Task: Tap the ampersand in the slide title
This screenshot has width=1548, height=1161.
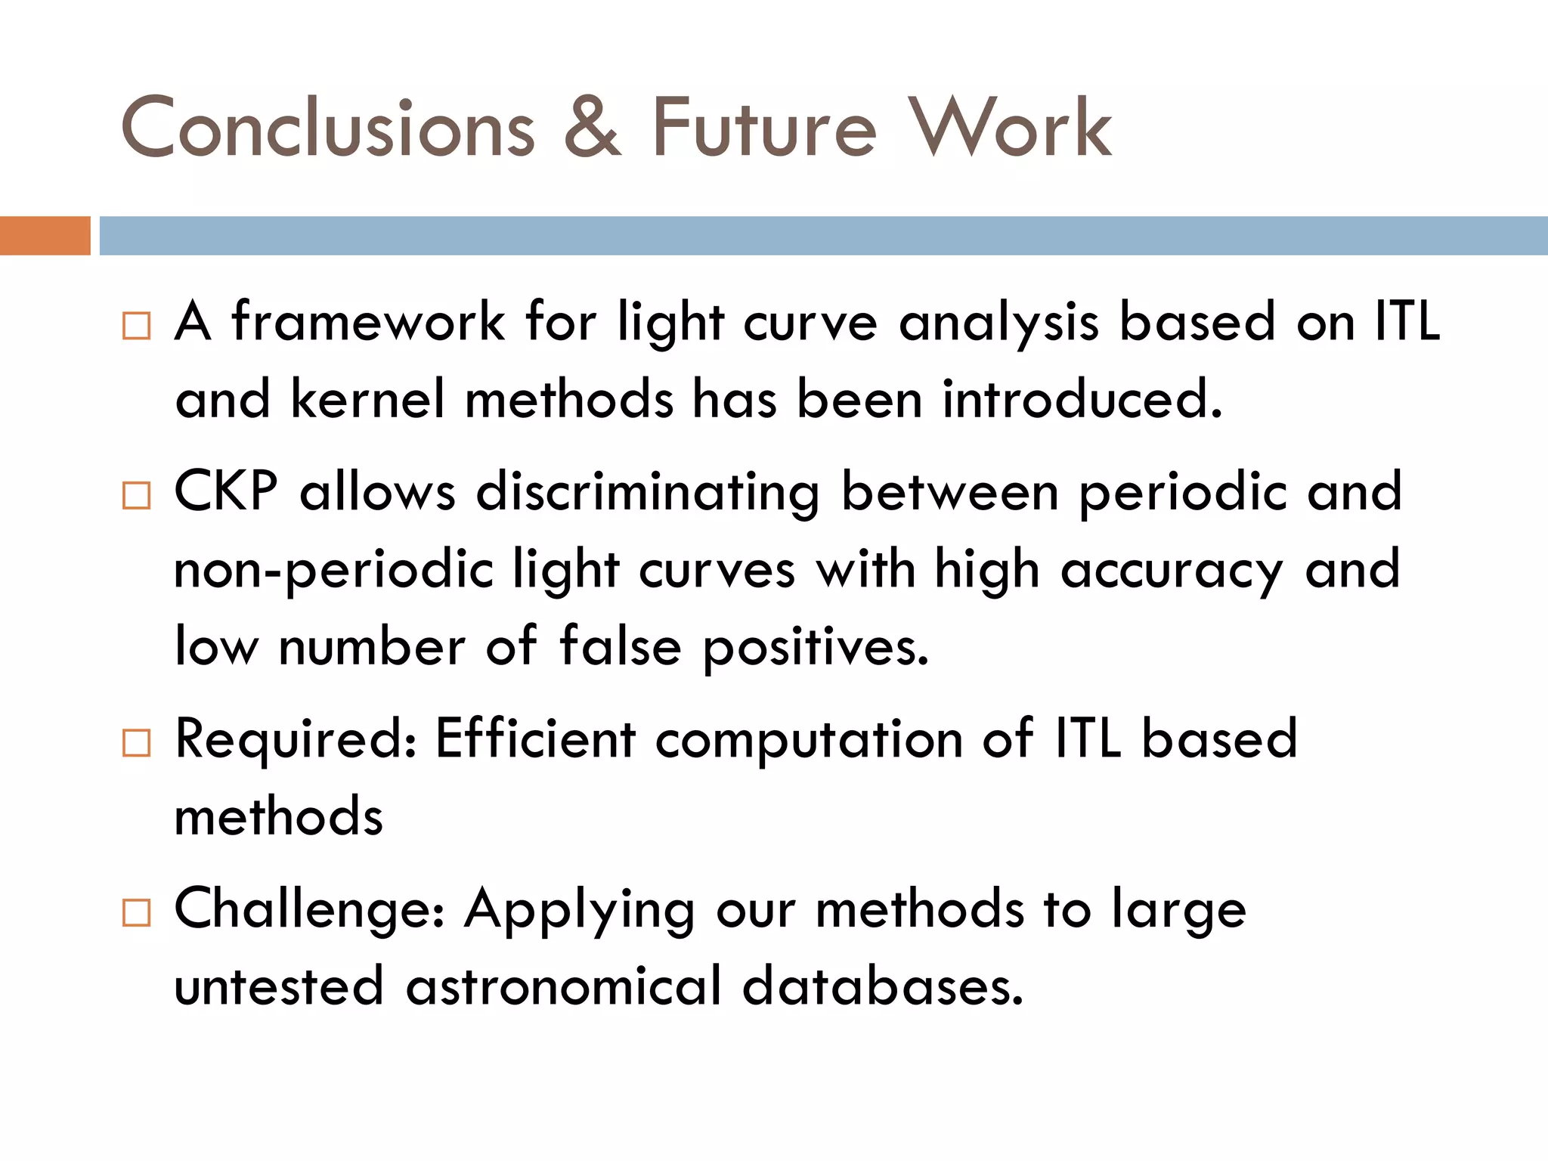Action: pyautogui.click(x=593, y=128)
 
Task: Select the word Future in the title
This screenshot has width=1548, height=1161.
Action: pyautogui.click(x=764, y=128)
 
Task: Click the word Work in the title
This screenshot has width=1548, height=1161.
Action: pyautogui.click(x=1010, y=128)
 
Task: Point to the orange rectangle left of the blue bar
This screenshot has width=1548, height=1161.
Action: pyautogui.click(x=45, y=236)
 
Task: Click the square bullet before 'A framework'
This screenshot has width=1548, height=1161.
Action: pyautogui.click(x=137, y=326)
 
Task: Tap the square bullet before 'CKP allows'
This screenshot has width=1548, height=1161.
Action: pyautogui.click(x=137, y=496)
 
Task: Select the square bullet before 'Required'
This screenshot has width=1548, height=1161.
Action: pyautogui.click(x=137, y=743)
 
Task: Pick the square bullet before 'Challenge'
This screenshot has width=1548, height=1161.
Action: pyautogui.click(x=137, y=913)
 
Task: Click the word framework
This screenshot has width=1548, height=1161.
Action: pyautogui.click(x=368, y=322)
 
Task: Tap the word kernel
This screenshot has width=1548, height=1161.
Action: pyautogui.click(x=368, y=399)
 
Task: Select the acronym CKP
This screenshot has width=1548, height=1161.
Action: pyautogui.click(x=226, y=492)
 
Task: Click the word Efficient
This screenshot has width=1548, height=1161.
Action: pyautogui.click(x=535, y=739)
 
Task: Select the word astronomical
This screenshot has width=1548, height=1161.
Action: pyautogui.click(x=564, y=987)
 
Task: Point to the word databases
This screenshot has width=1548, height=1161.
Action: pyautogui.click(x=883, y=987)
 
